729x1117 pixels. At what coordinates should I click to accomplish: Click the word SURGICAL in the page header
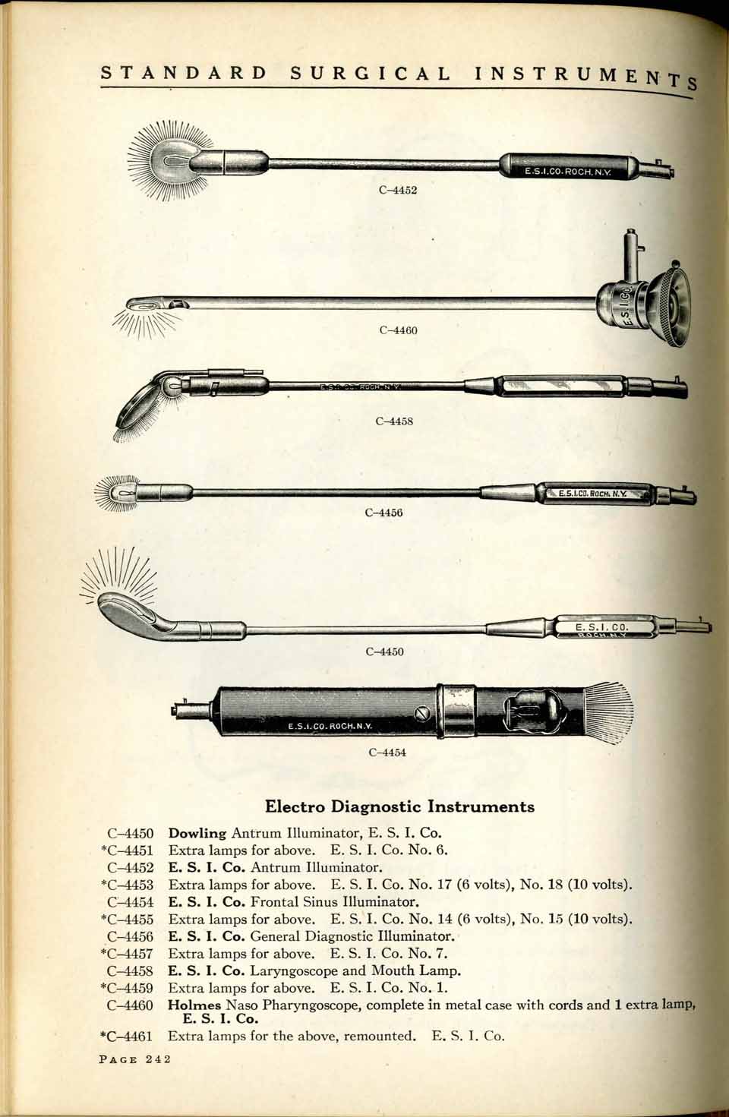tap(370, 74)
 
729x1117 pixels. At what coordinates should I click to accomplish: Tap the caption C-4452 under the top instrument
tap(398, 190)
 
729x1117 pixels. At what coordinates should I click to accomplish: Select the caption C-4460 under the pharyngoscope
tap(398, 330)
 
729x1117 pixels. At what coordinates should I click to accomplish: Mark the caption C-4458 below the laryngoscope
tap(394, 421)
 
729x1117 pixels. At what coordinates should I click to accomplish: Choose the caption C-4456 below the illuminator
tap(383, 512)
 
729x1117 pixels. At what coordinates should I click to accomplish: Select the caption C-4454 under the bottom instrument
tap(387, 753)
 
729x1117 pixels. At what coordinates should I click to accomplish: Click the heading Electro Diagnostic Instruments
tap(399, 806)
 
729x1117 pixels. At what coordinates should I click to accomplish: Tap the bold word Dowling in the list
tap(197, 833)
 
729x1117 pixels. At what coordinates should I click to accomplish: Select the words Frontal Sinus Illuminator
tap(334, 901)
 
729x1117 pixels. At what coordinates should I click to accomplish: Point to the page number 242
tap(158, 1059)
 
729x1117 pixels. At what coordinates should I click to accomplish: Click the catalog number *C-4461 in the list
tap(127, 1037)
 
